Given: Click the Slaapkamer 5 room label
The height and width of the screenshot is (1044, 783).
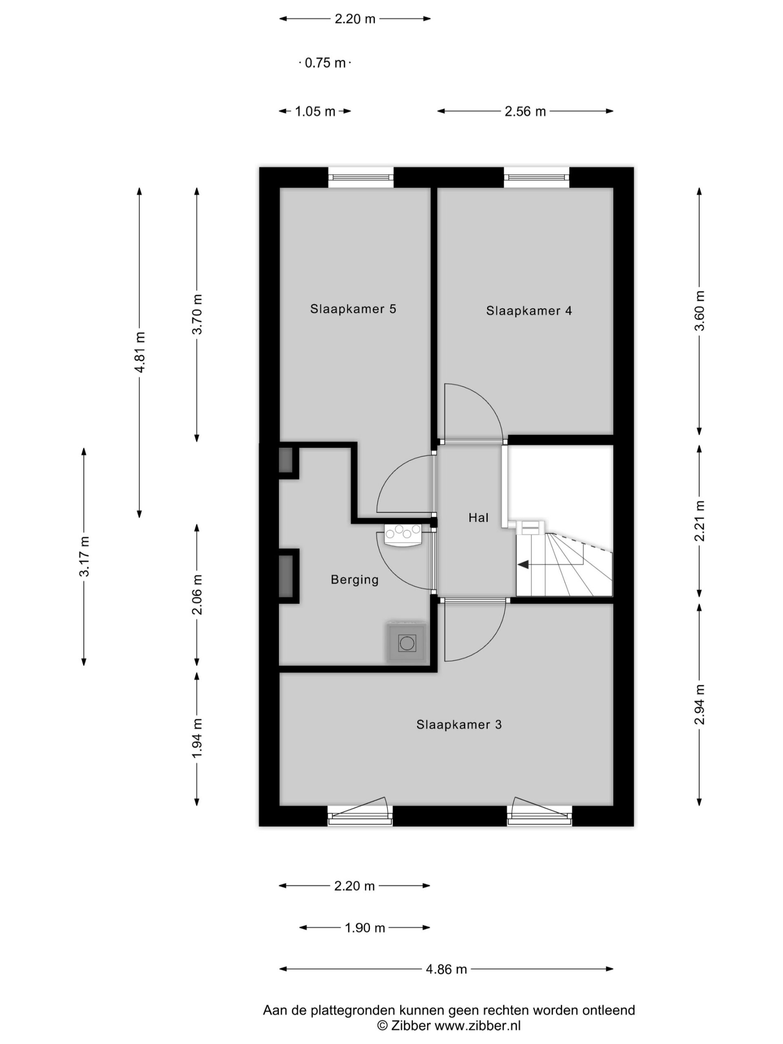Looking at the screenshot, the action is pyautogui.click(x=353, y=309).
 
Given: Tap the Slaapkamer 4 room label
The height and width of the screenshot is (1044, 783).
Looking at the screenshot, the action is pyautogui.click(x=529, y=311).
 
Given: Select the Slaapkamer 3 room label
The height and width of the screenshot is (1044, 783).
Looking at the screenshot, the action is pyautogui.click(x=459, y=724).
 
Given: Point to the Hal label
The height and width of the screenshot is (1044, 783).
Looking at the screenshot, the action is pyautogui.click(x=478, y=518).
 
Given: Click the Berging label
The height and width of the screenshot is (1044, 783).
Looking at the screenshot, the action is pyautogui.click(x=354, y=580).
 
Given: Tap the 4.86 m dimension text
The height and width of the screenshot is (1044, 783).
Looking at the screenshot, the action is pyautogui.click(x=446, y=969).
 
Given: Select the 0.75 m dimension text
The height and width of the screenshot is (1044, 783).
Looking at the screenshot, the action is pyautogui.click(x=325, y=63).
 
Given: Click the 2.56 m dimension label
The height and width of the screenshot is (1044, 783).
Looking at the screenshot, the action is pyautogui.click(x=525, y=111).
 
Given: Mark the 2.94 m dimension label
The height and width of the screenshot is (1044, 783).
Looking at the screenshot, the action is pyautogui.click(x=699, y=704).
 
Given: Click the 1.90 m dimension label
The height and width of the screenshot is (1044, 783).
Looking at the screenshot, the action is pyautogui.click(x=365, y=928).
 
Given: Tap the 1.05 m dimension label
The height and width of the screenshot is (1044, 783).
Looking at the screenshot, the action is pyautogui.click(x=315, y=111).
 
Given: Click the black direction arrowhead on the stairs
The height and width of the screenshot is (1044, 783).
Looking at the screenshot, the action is pyautogui.click(x=522, y=564).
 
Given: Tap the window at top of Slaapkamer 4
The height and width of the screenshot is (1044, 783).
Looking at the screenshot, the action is pyautogui.click(x=536, y=177).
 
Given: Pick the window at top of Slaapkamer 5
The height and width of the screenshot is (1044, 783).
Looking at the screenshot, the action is pyautogui.click(x=361, y=177).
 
